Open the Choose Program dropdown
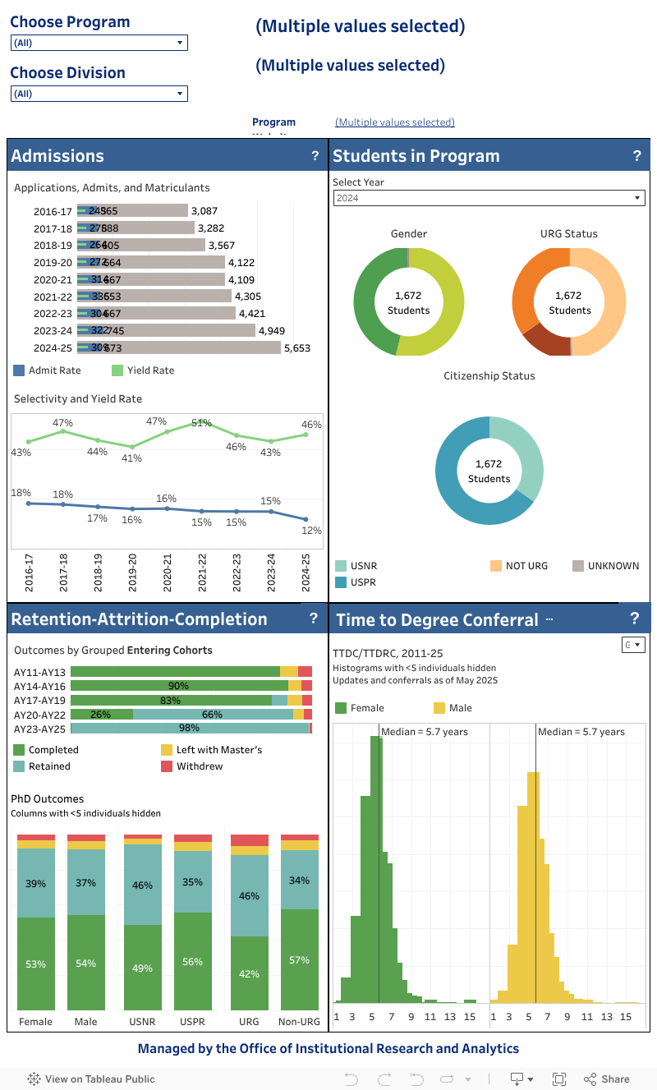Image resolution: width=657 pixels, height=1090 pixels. pos(99,43)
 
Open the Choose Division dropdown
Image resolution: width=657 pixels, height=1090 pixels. pos(99,94)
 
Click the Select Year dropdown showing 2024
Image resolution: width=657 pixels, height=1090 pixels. pos(489,198)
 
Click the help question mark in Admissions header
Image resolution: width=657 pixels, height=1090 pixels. pos(315,155)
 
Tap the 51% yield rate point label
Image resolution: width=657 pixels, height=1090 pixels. pos(201,423)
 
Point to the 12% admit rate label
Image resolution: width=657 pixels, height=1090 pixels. pos(311,531)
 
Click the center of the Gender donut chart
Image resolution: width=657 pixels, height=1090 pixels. pos(408,302)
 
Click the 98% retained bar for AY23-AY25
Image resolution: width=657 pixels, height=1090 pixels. pos(190,729)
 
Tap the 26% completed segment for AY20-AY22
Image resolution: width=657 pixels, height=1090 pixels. pos(101,715)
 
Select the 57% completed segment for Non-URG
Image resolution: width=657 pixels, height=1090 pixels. pos(300,959)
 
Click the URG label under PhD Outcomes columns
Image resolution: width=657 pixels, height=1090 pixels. pos(249,1022)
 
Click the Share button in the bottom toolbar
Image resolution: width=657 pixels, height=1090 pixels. pos(607,1079)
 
